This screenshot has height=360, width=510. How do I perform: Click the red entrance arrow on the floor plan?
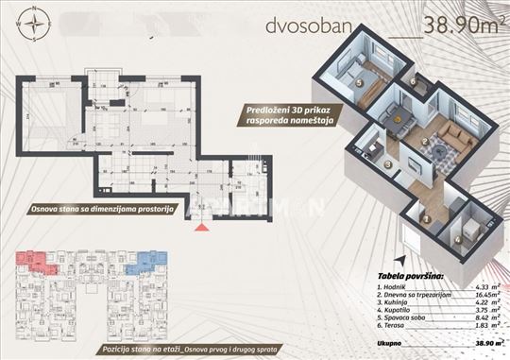[x=199, y=225]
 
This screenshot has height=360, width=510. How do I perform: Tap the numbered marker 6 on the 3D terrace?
[x=414, y=83]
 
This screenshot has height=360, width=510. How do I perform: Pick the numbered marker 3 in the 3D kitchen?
[x=388, y=163]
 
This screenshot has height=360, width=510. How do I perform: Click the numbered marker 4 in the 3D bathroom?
[x=457, y=239]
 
